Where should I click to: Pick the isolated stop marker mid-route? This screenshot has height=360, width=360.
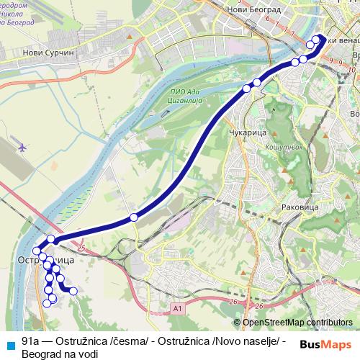click(133, 217)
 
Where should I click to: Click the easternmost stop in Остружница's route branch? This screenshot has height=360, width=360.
click(73, 291)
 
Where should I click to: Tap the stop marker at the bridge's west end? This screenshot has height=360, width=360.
click(51, 239)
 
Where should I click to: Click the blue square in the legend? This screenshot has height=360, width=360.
click(9, 342)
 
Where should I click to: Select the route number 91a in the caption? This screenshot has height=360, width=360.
click(30, 340)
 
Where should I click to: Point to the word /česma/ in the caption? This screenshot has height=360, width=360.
click(127, 340)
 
